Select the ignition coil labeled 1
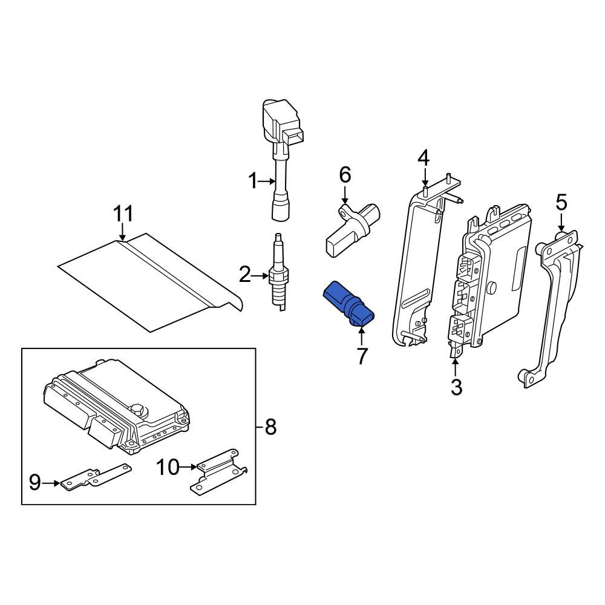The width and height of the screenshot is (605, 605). (x=280, y=157)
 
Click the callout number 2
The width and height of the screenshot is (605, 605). (x=244, y=276)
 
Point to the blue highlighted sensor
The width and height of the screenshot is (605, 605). (x=348, y=304)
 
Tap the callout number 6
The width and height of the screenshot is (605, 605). (x=344, y=175)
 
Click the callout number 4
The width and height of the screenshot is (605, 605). (x=423, y=159)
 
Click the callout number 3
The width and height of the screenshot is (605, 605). (x=456, y=386)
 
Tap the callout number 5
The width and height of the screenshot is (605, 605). (x=561, y=203)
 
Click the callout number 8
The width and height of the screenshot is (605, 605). (x=270, y=428)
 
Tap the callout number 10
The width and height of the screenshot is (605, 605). (x=168, y=466)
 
